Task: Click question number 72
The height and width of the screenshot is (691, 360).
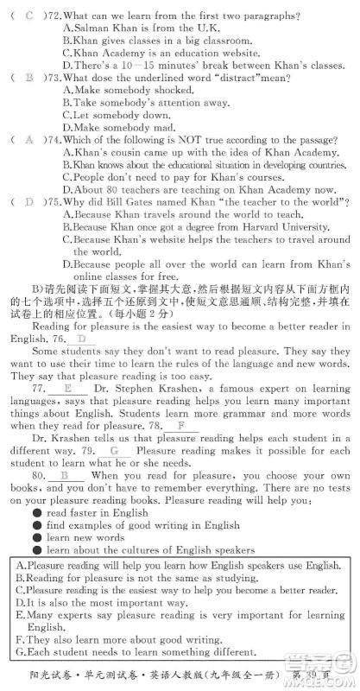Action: [x=54, y=16]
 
